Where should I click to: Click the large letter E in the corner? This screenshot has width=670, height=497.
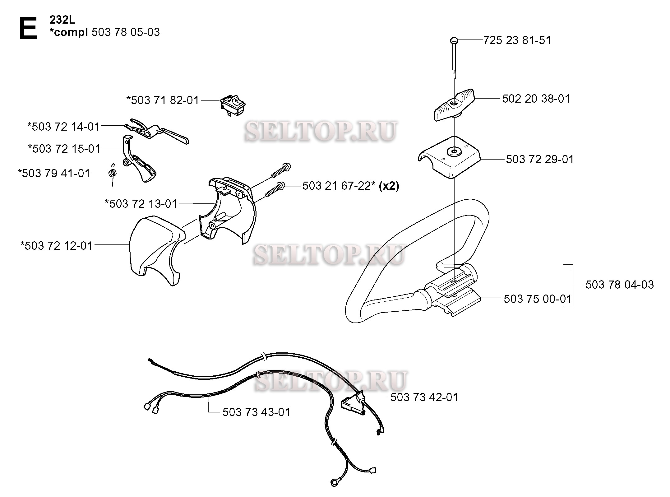[x=28, y=28]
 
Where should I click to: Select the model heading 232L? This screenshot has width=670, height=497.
[x=62, y=20]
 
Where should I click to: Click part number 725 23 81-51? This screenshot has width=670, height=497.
[x=517, y=40]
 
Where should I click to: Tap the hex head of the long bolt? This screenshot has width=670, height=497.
[x=454, y=40]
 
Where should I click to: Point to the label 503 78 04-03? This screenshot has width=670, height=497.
[x=620, y=285]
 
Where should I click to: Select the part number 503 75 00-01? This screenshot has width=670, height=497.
[x=538, y=299]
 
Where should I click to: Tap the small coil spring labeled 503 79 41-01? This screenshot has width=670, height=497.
[x=113, y=173]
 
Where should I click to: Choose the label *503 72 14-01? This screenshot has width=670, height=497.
[x=64, y=127]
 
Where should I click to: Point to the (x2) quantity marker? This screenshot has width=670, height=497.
[x=389, y=186]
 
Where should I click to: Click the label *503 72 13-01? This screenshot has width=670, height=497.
[x=141, y=204]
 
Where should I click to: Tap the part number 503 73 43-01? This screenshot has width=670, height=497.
[x=256, y=412]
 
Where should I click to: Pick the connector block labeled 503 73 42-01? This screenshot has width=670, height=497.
[x=353, y=405]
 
